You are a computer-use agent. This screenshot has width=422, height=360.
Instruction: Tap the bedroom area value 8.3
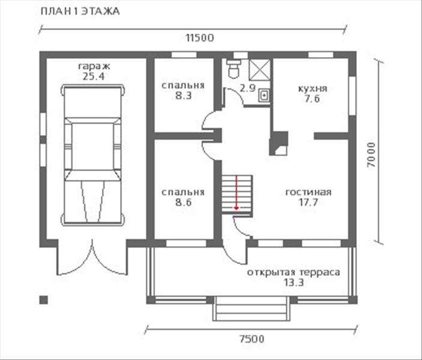click(x=182, y=95)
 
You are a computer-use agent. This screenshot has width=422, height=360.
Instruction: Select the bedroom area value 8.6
click(x=182, y=203)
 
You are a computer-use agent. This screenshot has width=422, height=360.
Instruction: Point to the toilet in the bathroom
click(x=234, y=68)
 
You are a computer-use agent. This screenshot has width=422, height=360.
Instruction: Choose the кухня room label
click(x=312, y=88)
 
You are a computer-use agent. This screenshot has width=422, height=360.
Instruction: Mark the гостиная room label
click(x=309, y=193)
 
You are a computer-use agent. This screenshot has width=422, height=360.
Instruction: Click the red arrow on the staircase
click(x=237, y=192)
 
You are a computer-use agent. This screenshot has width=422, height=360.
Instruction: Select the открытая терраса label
click(x=293, y=272)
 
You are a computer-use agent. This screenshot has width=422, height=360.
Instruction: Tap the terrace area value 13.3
click(x=293, y=283)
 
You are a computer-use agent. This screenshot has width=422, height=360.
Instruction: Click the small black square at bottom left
click(x=43, y=298)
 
